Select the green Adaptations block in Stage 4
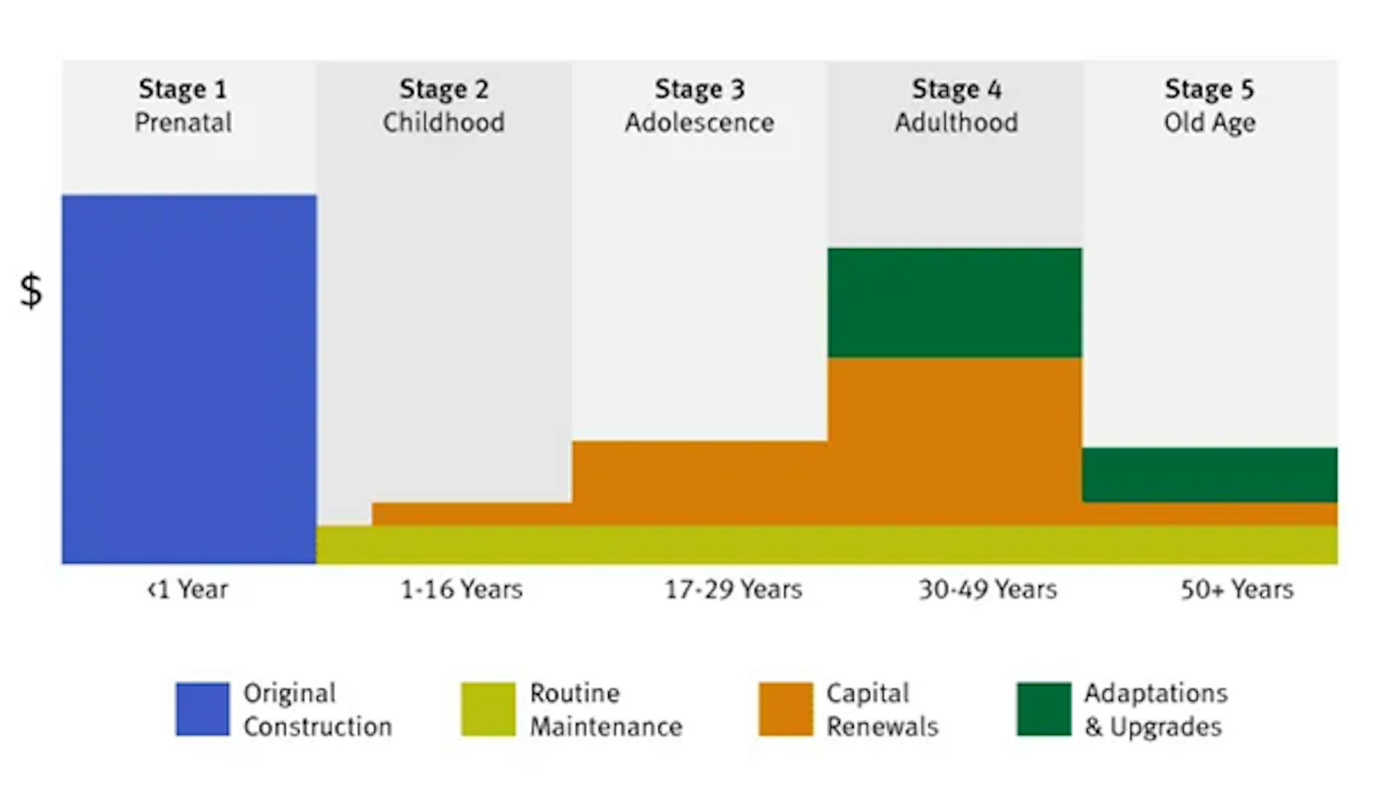pyautogui.click(x=954, y=302)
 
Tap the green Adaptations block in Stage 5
pyautogui.click(x=1210, y=474)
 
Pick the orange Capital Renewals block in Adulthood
pyautogui.click(x=954, y=441)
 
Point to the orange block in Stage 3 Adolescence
pyautogui.click(x=699, y=482)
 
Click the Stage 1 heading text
pyautogui.click(x=183, y=89)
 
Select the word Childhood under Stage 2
pyautogui.click(x=443, y=123)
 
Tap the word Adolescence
pyautogui.click(x=699, y=123)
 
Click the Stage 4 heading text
pyautogui.click(x=956, y=89)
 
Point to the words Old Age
pyautogui.click(x=1210, y=123)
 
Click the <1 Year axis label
pyautogui.click(x=187, y=589)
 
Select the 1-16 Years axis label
pyautogui.click(x=462, y=589)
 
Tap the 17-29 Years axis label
pyautogui.click(x=733, y=589)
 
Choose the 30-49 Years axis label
pyautogui.click(x=987, y=589)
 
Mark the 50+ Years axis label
pyautogui.click(x=1237, y=589)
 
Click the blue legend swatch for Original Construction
pyautogui.click(x=203, y=709)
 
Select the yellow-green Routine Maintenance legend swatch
pyautogui.click(x=488, y=709)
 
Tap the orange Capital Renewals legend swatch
pyautogui.click(x=785, y=709)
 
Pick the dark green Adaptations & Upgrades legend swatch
pyautogui.click(x=1044, y=709)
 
